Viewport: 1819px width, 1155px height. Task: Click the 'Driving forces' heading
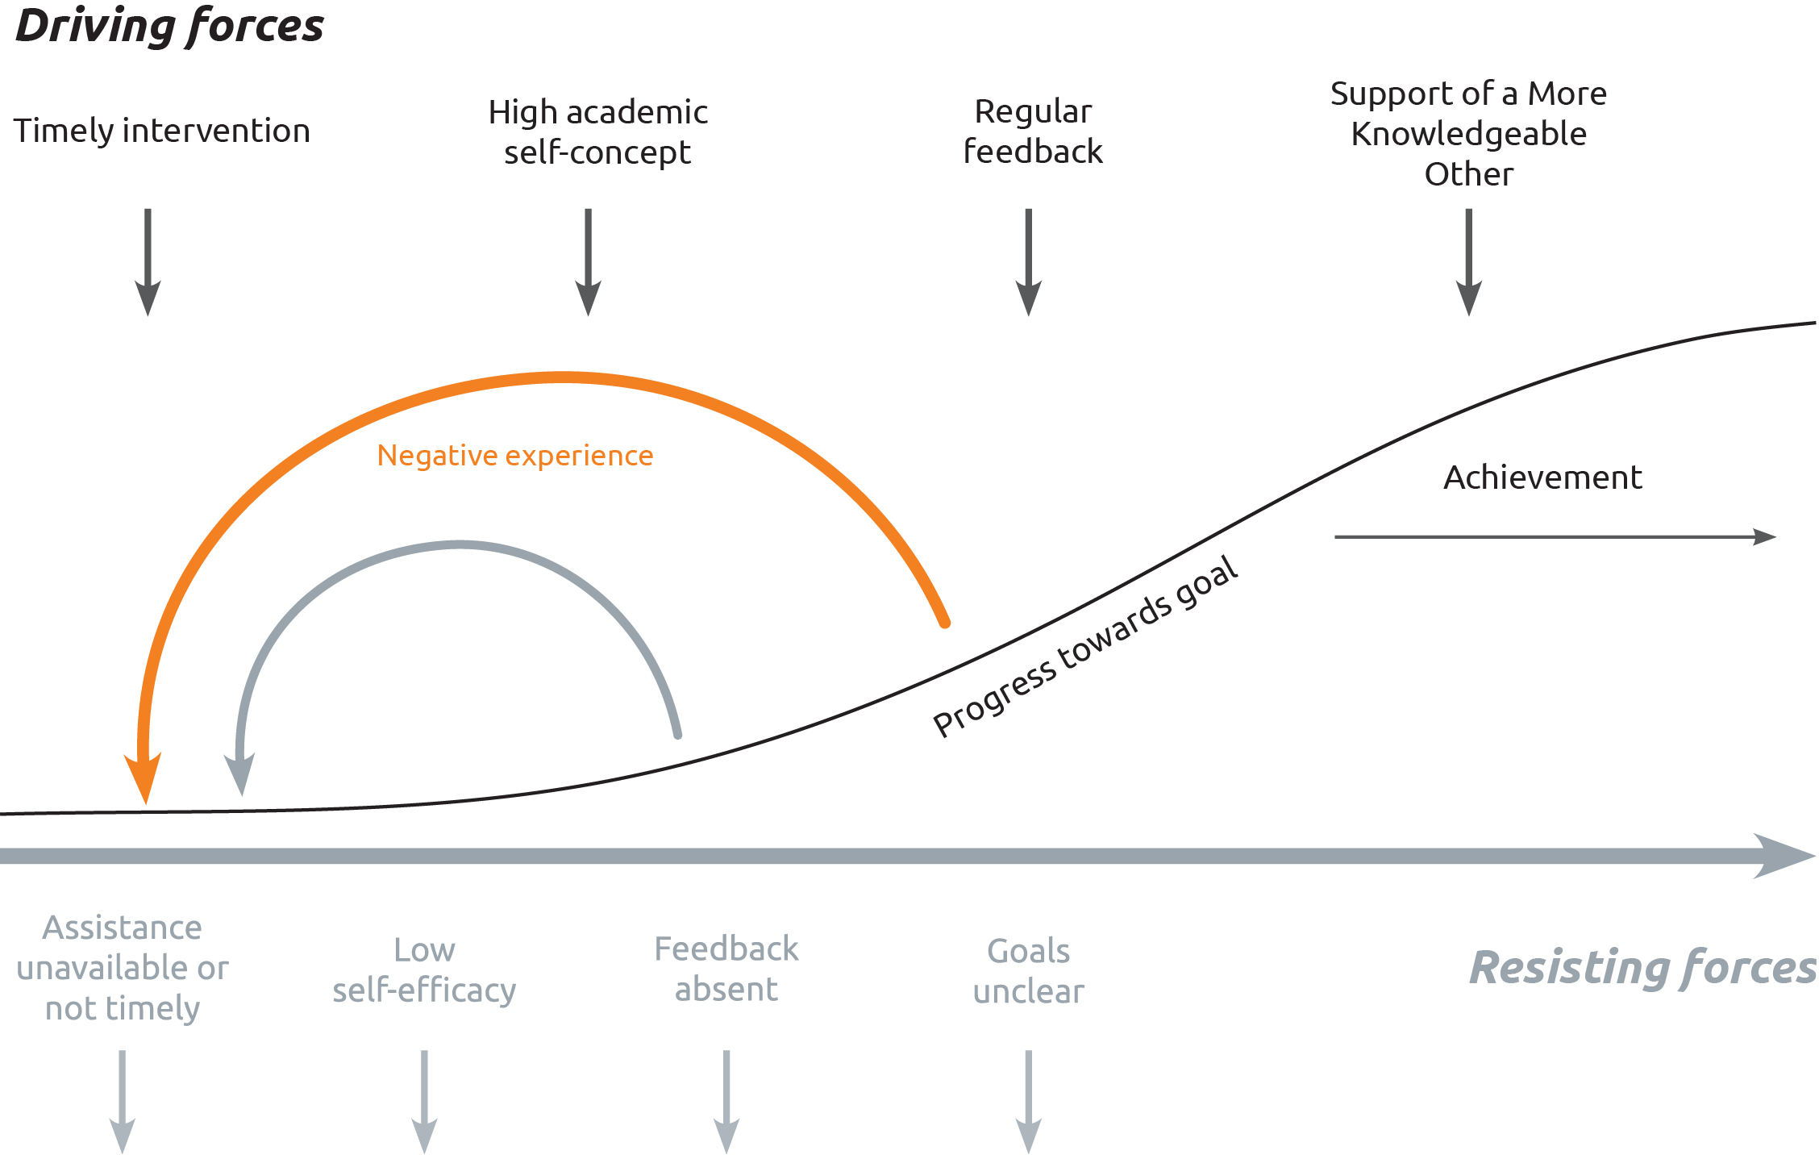coord(169,26)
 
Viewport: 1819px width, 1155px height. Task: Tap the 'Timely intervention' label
coord(161,131)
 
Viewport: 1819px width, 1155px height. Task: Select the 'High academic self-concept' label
coord(597,131)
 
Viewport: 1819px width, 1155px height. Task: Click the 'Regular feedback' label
coord(1033,131)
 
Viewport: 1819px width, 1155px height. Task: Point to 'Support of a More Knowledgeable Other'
coord(1468,133)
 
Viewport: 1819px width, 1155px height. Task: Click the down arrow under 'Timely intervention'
coord(148,262)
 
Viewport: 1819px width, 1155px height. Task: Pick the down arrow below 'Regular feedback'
coord(1028,262)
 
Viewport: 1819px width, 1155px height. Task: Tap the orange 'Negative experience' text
coord(515,456)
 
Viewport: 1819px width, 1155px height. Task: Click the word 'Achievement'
coord(1542,477)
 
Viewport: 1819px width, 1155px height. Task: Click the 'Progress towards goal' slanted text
coord(1085,646)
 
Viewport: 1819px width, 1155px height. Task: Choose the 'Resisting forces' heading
coord(1642,967)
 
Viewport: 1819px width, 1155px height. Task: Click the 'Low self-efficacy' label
coord(424,969)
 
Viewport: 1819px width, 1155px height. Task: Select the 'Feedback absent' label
coord(726,969)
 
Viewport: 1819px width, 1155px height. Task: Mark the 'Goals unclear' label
coord(1028,971)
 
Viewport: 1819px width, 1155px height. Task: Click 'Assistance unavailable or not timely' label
coord(123,967)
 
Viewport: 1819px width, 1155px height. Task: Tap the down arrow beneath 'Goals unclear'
coord(1028,1102)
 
